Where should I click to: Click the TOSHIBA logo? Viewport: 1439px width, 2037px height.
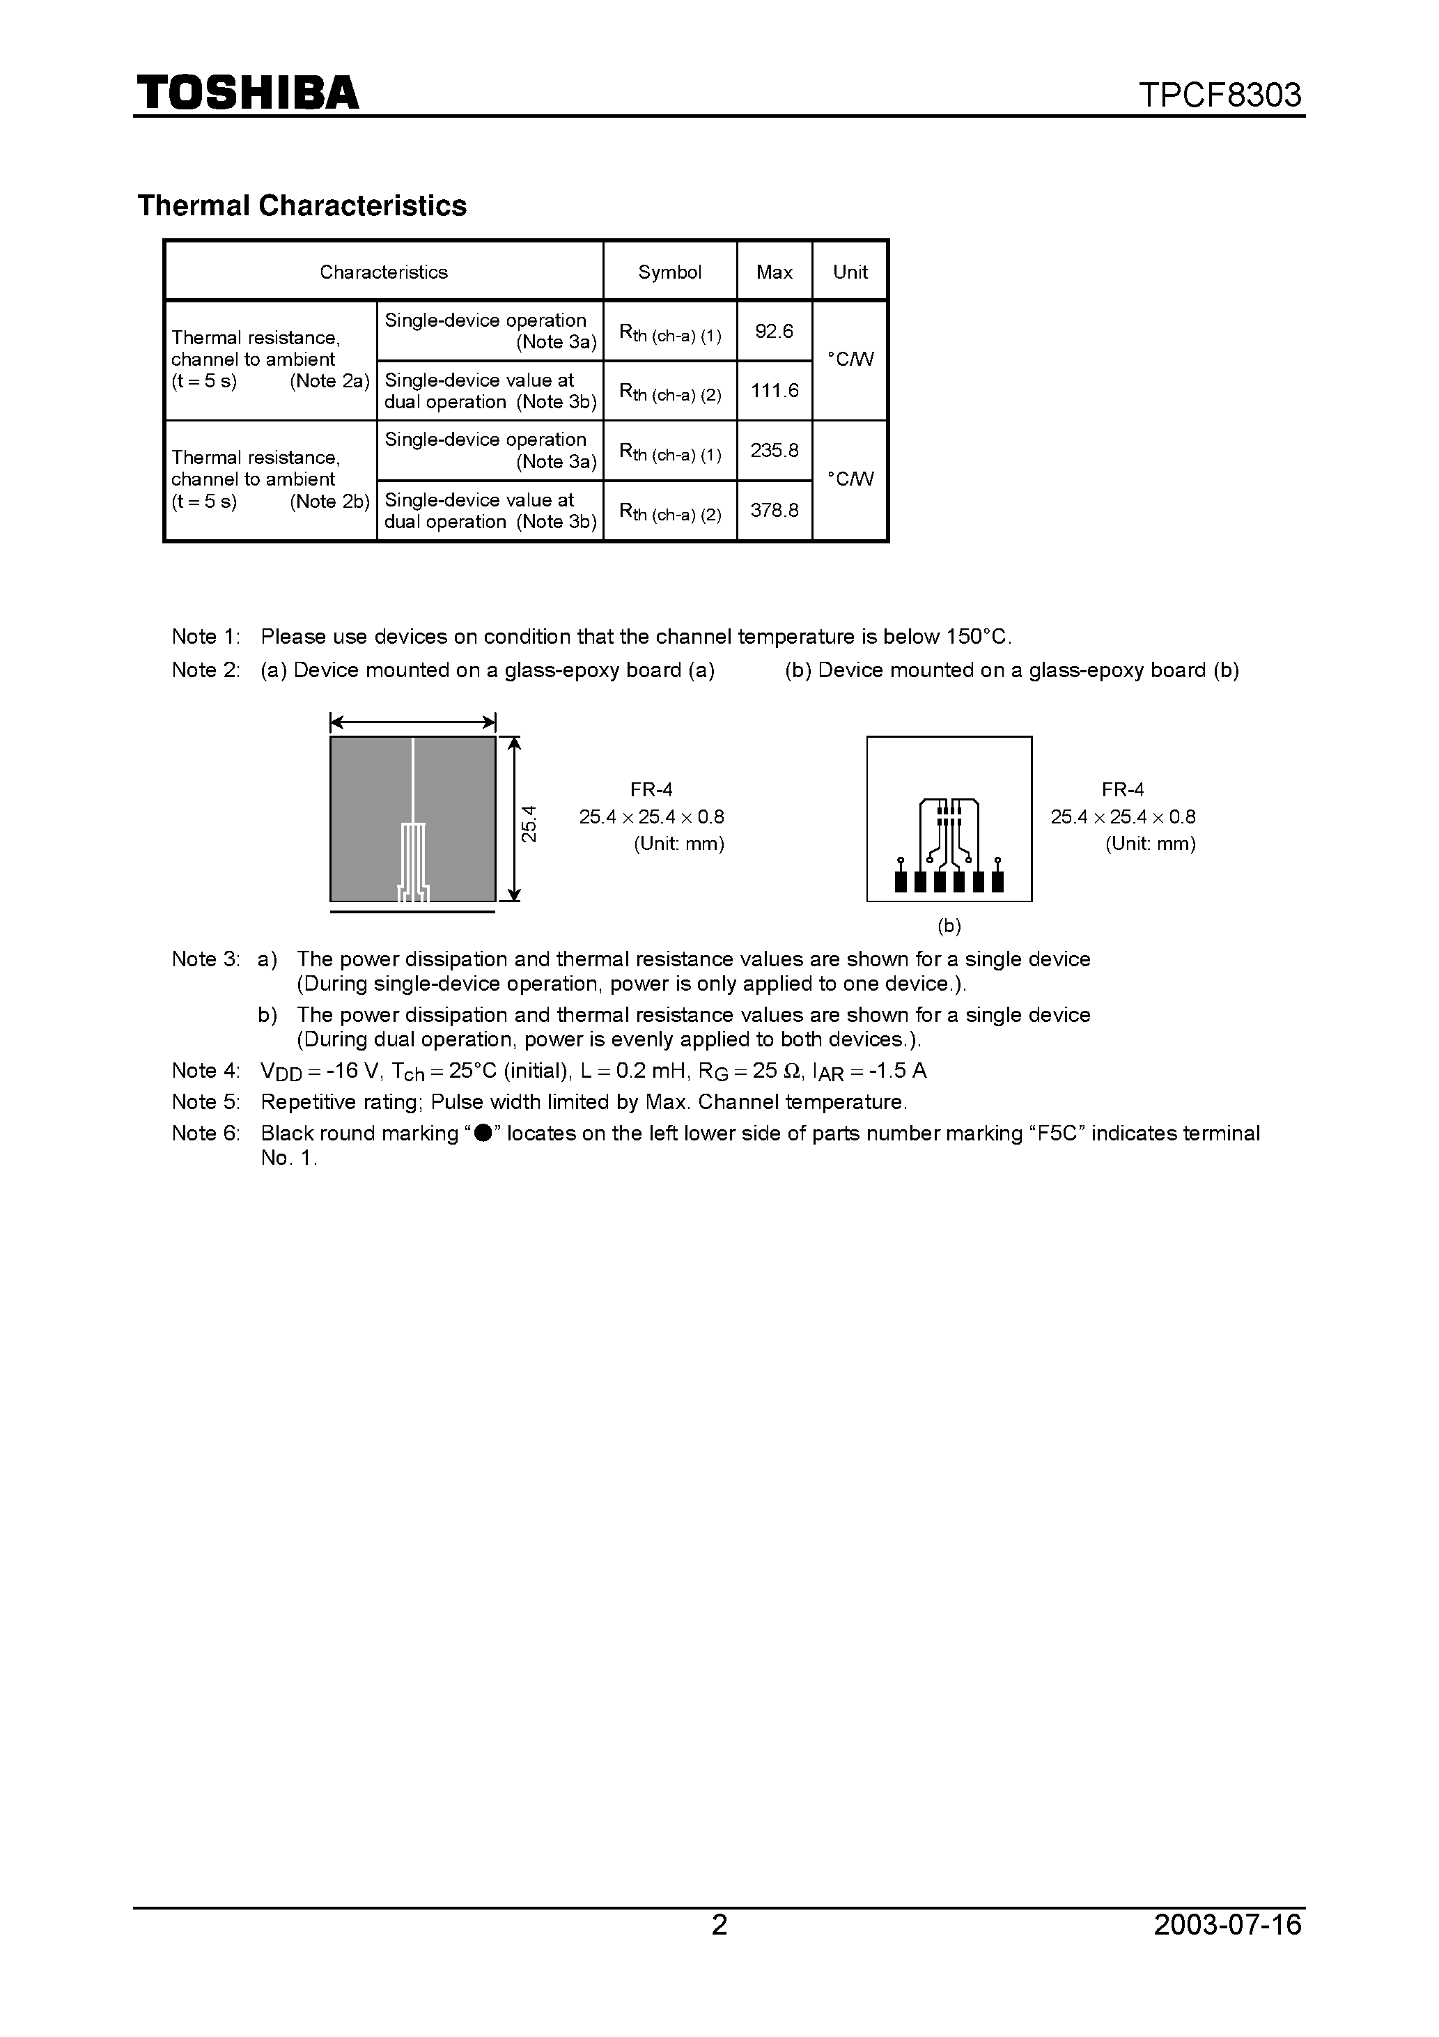[x=247, y=92]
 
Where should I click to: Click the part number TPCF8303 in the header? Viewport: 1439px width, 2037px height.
[x=1219, y=95]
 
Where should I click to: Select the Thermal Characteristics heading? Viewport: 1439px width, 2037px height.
[x=302, y=206]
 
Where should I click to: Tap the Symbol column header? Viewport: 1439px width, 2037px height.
[x=670, y=272]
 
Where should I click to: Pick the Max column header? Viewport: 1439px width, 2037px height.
[x=774, y=272]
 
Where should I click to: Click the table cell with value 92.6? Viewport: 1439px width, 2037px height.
[x=774, y=332]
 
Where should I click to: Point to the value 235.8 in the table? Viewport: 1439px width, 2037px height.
[x=774, y=451]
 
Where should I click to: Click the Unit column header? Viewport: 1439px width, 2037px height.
[x=850, y=272]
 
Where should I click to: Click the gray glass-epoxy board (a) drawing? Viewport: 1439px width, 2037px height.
[x=412, y=818]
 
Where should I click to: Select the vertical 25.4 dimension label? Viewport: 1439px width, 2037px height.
[x=529, y=823]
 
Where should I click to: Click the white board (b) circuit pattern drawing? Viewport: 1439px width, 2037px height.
[x=949, y=818]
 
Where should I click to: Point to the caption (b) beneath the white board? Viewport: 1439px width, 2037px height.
[x=949, y=927]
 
